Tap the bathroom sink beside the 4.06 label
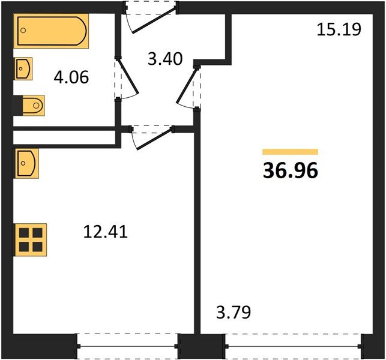click(23, 68)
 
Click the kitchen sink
click(26, 163)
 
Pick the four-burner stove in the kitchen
click(30, 239)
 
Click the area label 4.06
click(71, 77)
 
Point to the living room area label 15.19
click(339, 29)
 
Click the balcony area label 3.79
click(233, 312)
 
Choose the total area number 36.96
click(290, 172)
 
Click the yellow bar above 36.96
click(290, 152)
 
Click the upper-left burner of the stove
click(23, 232)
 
